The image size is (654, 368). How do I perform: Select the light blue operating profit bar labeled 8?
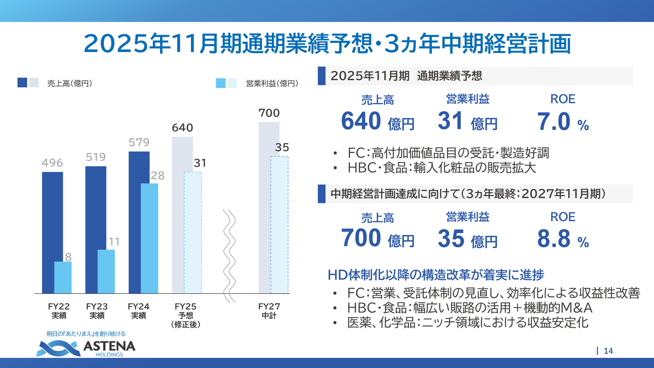tap(63, 278)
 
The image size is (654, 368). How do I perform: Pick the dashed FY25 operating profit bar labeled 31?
tap(193, 233)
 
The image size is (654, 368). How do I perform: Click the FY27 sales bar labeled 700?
tap(264, 204)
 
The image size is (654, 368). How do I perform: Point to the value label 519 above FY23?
tap(96, 157)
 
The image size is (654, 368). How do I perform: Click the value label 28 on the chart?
tap(157, 175)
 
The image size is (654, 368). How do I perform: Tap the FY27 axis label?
tap(269, 311)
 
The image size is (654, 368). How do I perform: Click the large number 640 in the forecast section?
tap(361, 121)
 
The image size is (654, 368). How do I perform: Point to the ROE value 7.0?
tap(554, 122)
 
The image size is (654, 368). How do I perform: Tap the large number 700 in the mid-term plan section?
tap(361, 238)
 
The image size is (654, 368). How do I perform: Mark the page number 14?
tap(608, 351)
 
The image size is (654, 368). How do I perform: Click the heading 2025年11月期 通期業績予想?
tap(406, 76)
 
